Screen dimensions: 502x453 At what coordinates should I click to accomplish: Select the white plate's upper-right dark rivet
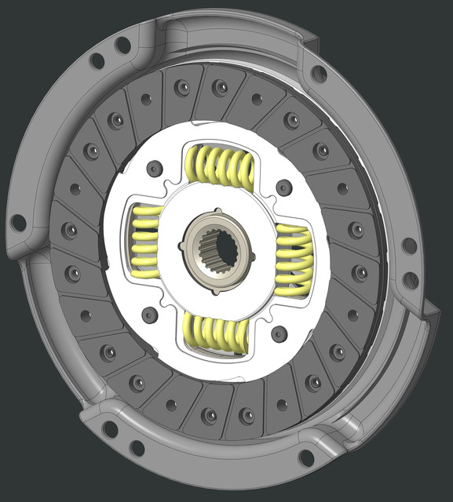click(x=283, y=188)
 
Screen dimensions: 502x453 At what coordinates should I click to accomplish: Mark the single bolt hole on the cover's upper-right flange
click(x=319, y=74)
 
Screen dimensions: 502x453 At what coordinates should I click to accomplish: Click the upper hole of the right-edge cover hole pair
click(x=409, y=246)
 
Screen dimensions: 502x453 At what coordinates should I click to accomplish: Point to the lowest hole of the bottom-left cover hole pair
click(x=137, y=449)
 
